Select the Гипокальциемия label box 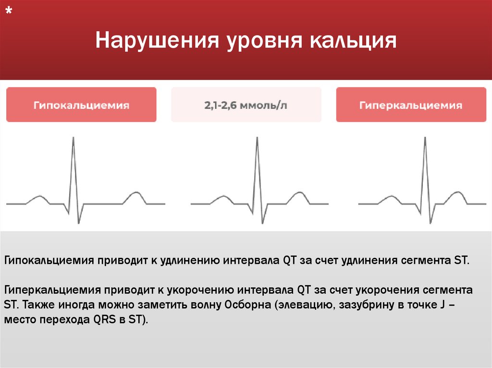[81, 105]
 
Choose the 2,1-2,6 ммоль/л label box [246, 105]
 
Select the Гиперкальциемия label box [411, 105]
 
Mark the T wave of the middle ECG [300, 195]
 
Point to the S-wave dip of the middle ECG [262, 222]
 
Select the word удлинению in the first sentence [185, 261]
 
